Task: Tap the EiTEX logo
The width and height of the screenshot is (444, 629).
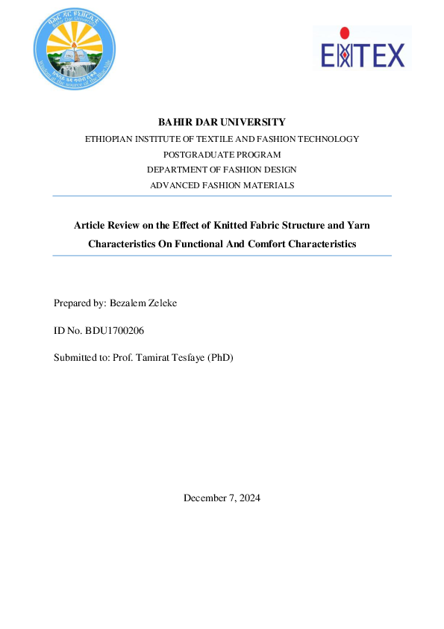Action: tap(362, 49)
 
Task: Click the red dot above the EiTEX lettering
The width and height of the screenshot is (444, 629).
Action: tap(344, 32)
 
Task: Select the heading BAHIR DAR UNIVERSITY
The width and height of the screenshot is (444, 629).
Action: tap(222, 122)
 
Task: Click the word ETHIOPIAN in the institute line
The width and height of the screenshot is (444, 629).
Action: tap(109, 139)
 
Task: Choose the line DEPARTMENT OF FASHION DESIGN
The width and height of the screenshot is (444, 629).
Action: tap(222, 170)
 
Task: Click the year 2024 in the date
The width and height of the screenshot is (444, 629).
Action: tap(248, 498)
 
